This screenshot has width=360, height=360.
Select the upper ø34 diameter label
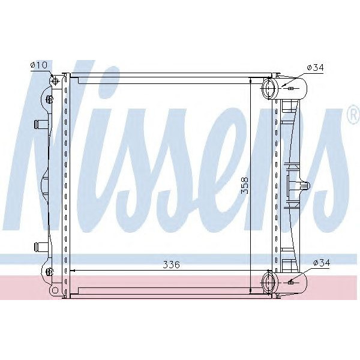(315, 68)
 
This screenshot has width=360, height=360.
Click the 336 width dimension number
(172, 264)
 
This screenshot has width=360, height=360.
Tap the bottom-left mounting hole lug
(54, 290)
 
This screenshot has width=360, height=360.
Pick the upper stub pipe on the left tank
(40, 124)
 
